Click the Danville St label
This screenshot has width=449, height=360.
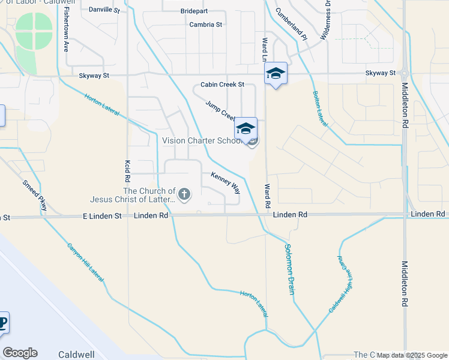tap(104, 10)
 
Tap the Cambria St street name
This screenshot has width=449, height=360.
tap(206, 25)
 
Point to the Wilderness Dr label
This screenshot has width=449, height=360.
tap(325, 20)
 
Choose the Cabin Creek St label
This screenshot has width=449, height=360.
tap(223, 85)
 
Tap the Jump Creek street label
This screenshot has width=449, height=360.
tap(220, 109)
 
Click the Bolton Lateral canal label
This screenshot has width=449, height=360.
tap(320, 109)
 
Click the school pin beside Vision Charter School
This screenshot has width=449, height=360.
tap(246, 129)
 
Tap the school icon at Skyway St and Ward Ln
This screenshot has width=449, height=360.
tap(276, 74)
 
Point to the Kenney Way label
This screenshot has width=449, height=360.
tap(226, 182)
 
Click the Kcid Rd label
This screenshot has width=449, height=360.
tap(127, 172)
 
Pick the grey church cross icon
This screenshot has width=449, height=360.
tap(184, 194)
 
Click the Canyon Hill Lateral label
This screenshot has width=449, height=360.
tap(85, 262)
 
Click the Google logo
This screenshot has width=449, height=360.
tap(20, 353)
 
